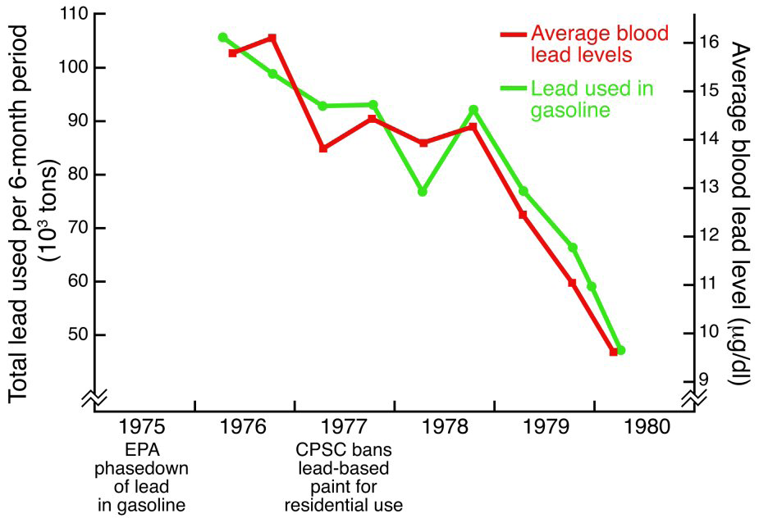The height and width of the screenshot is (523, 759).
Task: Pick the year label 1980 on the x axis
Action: point(645,428)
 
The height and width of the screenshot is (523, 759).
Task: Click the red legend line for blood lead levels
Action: point(513,34)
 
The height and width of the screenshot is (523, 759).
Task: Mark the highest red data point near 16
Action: point(272,38)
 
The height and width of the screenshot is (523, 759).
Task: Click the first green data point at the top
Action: point(222,38)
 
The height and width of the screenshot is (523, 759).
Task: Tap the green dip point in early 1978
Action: point(423,191)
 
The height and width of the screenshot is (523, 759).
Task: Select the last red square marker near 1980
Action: point(613,352)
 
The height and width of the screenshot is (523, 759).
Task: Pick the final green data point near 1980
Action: point(621,350)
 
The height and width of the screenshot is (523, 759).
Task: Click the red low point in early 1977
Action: point(323,148)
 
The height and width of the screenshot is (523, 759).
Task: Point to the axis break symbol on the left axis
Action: point(94,397)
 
